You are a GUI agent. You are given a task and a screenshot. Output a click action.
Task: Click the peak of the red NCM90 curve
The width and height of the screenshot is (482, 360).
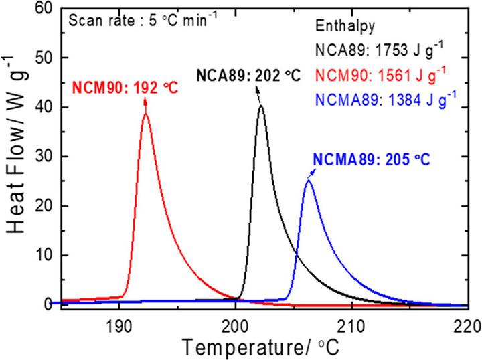coord(145,114)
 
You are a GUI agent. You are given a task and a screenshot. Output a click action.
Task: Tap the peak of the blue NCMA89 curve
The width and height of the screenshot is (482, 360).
coord(308,180)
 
